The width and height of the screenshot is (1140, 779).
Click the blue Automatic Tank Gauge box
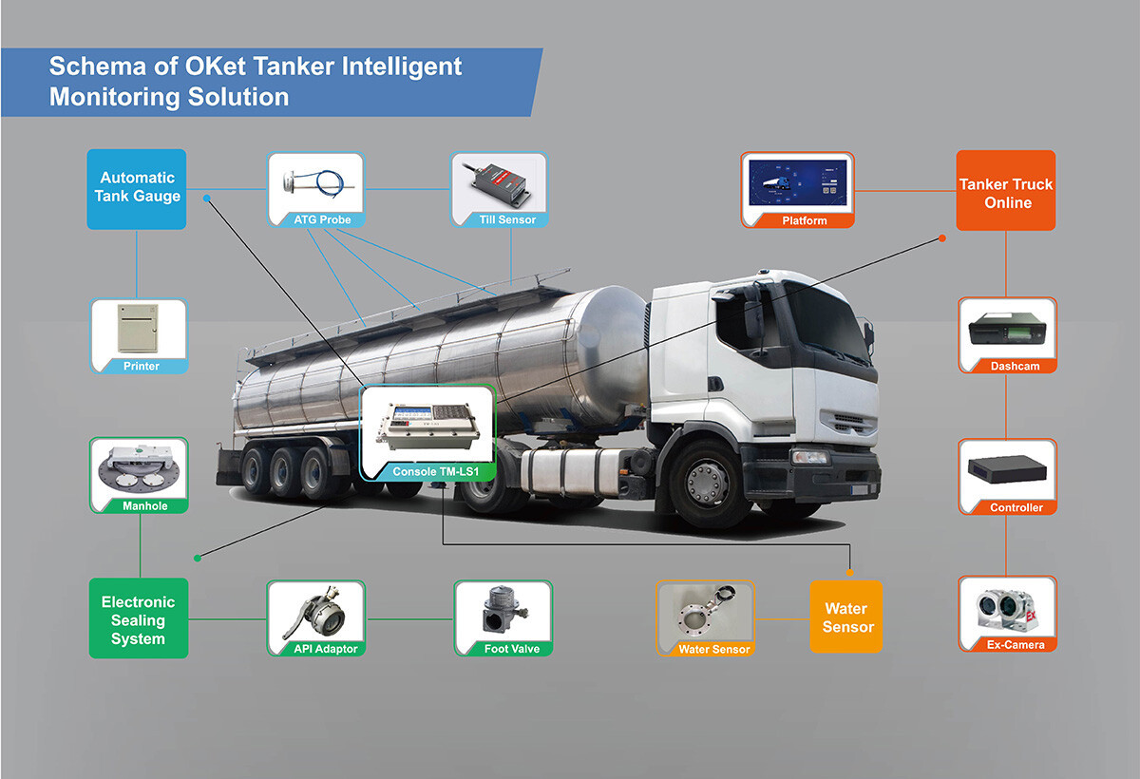(x=136, y=188)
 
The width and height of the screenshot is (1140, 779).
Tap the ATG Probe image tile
(x=315, y=190)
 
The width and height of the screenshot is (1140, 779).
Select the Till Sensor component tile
(x=499, y=190)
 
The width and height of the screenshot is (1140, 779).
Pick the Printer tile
(x=139, y=335)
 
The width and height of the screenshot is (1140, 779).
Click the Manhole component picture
(x=139, y=475)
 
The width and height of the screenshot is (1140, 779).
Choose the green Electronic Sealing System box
(x=138, y=618)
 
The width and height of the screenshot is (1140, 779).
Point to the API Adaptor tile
(x=315, y=618)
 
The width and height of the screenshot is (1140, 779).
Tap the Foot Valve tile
(x=503, y=618)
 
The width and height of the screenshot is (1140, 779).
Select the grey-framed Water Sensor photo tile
(x=705, y=618)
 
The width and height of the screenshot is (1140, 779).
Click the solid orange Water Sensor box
(x=846, y=617)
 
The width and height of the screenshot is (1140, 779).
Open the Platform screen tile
(x=797, y=190)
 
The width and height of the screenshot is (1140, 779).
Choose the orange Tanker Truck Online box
(x=1006, y=190)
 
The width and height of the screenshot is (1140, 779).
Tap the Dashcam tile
(x=1007, y=335)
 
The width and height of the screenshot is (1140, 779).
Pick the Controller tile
(x=1007, y=476)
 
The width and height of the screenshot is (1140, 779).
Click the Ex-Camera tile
(x=1007, y=614)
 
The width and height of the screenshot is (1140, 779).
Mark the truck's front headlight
(x=810, y=457)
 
